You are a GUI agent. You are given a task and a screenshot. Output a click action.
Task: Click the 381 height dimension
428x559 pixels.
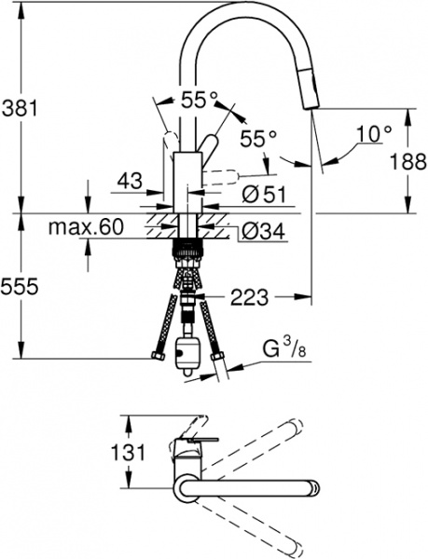20,108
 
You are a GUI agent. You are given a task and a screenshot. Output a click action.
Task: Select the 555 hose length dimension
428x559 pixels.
19,286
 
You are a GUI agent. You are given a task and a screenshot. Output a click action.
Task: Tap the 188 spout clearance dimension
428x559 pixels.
408,161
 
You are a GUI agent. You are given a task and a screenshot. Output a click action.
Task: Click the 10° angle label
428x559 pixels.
374,134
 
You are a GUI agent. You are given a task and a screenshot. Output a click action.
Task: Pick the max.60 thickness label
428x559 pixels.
86,226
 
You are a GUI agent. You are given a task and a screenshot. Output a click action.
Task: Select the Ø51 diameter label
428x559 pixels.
264,195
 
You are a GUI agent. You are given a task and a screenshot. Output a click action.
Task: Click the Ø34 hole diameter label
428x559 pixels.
263,232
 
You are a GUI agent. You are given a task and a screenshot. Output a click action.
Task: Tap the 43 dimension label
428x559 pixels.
130,180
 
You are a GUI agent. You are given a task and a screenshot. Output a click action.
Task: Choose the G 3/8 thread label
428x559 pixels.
284,349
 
